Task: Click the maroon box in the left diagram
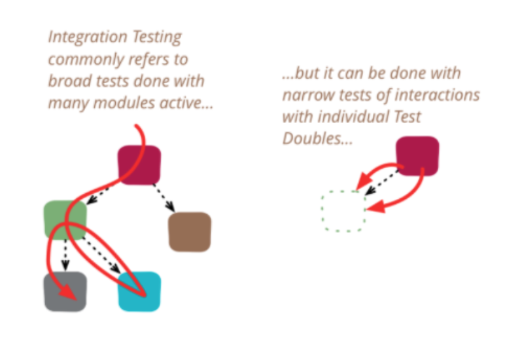pos(139,164)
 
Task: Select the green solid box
pos(65,220)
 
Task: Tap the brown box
pos(190,232)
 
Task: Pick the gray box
pos(65,291)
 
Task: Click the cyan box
pos(139,291)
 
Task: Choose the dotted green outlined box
pos(343,211)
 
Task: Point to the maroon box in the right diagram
pos(417,156)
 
